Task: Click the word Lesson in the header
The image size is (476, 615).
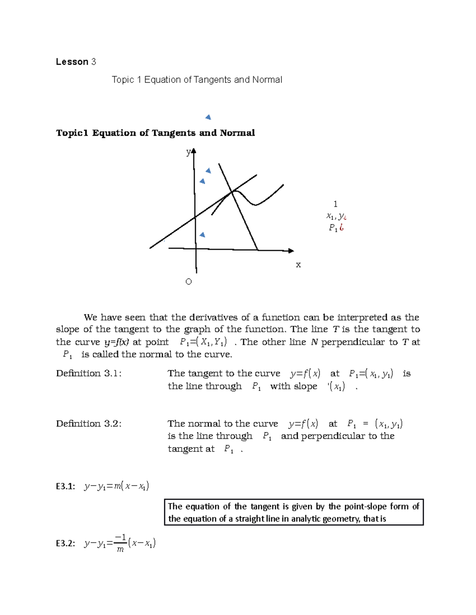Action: point(72,62)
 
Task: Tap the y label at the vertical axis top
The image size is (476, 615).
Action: point(188,152)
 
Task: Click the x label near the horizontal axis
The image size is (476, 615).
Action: point(298,265)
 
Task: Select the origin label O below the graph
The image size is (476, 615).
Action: point(188,282)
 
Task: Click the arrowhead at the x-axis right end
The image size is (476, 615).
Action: point(291,251)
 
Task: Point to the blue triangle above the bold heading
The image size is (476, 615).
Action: point(208,117)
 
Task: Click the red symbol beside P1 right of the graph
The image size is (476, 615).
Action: point(342,227)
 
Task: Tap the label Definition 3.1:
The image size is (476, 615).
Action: point(88,373)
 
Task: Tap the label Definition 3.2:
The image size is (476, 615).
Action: point(88,424)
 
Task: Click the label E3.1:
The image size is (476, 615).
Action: point(65,486)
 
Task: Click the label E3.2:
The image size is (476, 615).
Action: point(65,543)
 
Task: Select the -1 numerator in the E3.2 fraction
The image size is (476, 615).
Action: point(120,537)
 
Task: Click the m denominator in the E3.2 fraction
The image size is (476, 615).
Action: point(120,550)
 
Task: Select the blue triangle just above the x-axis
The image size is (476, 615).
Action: point(202,235)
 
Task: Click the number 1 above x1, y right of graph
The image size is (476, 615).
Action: point(336,204)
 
